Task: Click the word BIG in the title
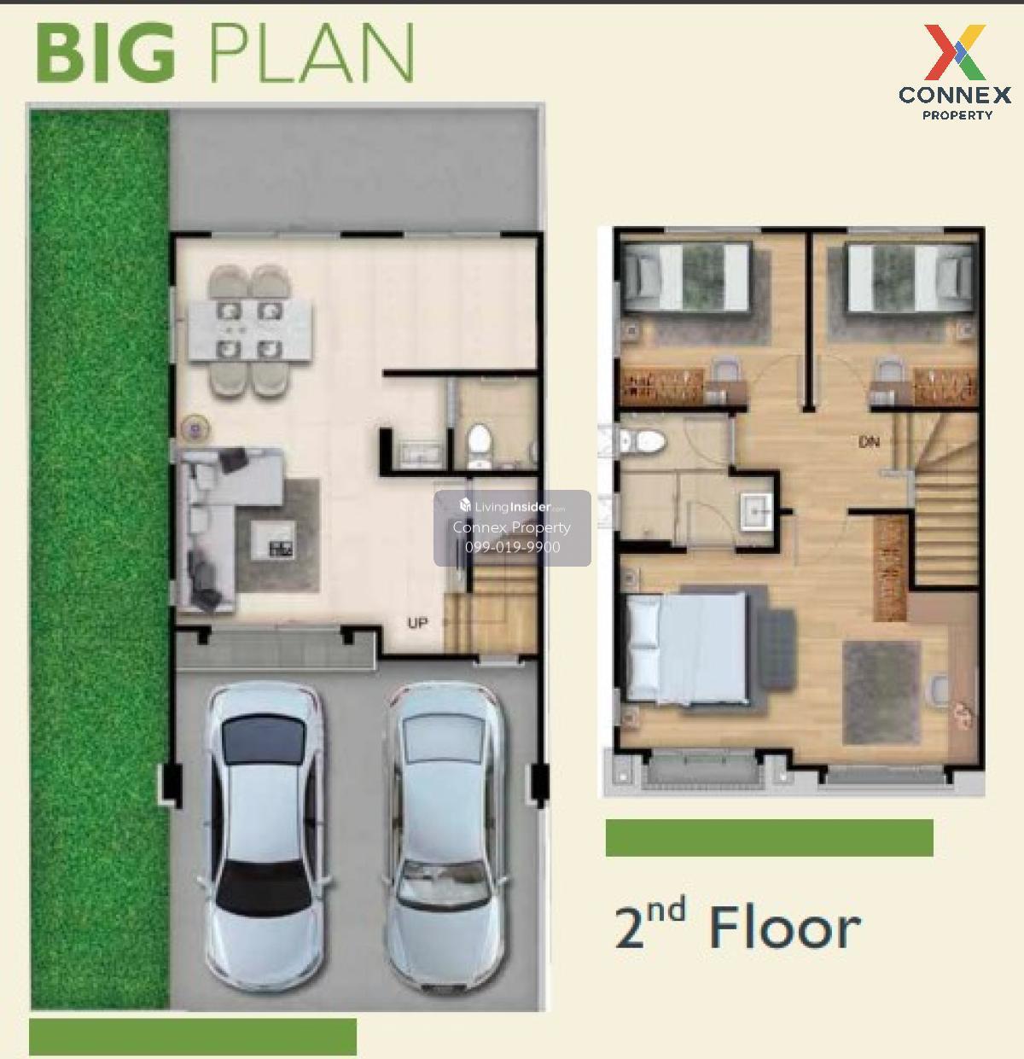tap(106, 53)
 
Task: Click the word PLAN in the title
tap(311, 53)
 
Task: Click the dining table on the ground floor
tap(250, 329)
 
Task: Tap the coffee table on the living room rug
tap(272, 540)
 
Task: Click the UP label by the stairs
tap(417, 623)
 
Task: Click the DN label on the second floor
tap(869, 442)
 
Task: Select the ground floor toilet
tap(480, 445)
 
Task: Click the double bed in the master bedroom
tap(687, 649)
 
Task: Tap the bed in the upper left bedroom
tap(687, 277)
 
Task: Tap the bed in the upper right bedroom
tap(910, 279)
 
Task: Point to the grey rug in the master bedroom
tap(881, 692)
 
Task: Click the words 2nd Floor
tap(738, 926)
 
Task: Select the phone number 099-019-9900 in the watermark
tap(512, 547)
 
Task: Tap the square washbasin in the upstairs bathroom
tap(757, 510)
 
